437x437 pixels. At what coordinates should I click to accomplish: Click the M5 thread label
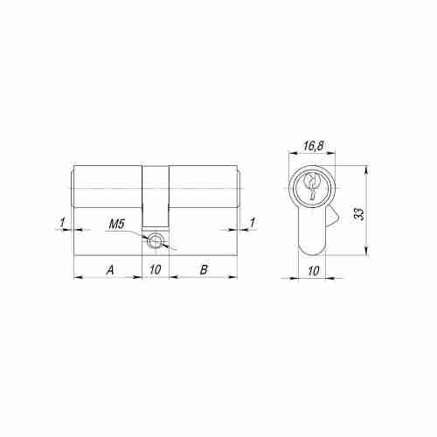coord(117,225)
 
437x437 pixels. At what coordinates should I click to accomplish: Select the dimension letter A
coord(110,270)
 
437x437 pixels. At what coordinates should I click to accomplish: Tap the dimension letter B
coord(204,270)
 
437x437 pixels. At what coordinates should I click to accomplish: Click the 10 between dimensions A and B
coord(156,270)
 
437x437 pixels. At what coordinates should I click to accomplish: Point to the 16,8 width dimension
coord(313,146)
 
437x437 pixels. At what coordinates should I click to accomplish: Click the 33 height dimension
coord(360,214)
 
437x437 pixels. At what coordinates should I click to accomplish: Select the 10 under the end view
coord(314,271)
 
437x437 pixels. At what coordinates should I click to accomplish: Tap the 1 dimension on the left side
coord(62,223)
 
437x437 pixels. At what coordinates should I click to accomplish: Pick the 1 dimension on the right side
coord(253,223)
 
